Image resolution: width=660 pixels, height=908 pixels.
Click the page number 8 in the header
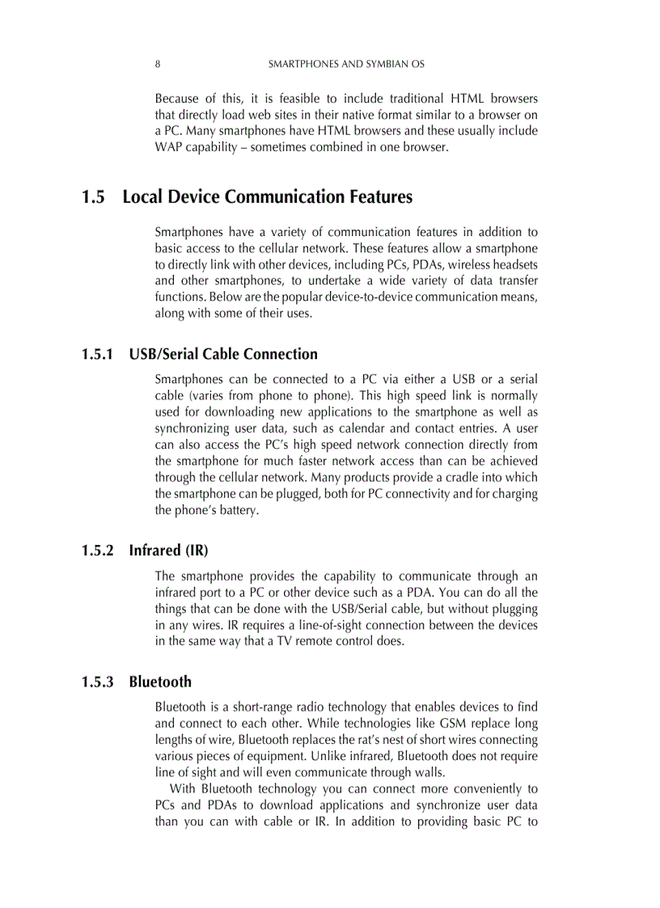pos(157,63)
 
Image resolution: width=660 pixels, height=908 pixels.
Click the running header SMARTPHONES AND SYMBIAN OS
pos(346,63)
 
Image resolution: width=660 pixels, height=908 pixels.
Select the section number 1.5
pos(93,197)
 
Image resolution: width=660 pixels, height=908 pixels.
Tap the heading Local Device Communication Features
pos(267,197)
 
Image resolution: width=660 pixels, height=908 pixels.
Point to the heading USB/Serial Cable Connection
pos(223,354)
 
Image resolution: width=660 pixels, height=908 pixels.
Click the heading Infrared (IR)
pos(168,551)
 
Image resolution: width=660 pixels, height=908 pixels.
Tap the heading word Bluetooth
pos(160,682)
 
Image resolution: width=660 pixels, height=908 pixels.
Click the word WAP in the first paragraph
pos(168,147)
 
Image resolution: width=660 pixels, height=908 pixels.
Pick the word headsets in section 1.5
pos(516,264)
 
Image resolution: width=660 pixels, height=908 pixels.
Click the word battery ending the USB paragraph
pos(238,510)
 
